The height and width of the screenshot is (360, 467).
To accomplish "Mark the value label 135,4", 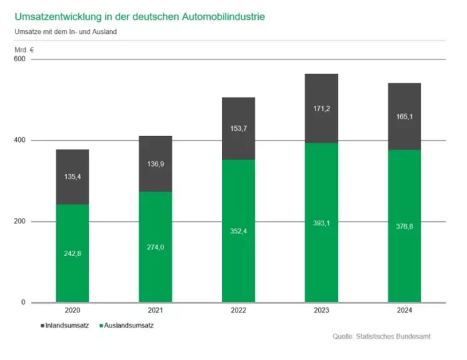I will pyautogui.click(x=72, y=177).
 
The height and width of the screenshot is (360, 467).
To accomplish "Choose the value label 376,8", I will pyautogui.click(x=404, y=226).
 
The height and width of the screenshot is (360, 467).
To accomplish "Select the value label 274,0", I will pyautogui.click(x=155, y=247).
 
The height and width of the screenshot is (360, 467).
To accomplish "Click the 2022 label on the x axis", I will pyautogui.click(x=238, y=311).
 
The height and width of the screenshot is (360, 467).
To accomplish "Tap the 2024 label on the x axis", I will pyautogui.click(x=404, y=311).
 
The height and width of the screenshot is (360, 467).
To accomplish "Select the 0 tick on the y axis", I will pyautogui.click(x=23, y=303).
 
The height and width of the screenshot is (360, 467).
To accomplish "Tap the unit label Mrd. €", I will pyautogui.click(x=24, y=49).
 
